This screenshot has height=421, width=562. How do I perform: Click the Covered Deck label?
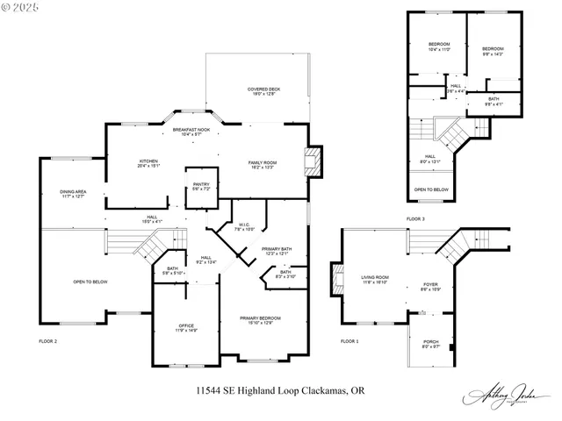pyautogui.click(x=263, y=91)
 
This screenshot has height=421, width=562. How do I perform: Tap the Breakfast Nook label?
pyautogui.click(x=191, y=132)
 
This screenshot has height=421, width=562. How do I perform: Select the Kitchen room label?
pyautogui.click(x=148, y=163)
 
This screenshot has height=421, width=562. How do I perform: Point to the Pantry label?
pyautogui.click(x=202, y=186)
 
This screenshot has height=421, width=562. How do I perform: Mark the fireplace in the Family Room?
pyautogui.click(x=313, y=163)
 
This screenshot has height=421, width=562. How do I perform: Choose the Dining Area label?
pyautogui.click(x=73, y=194)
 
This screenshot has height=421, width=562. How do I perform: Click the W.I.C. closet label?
pyautogui.click(x=245, y=227)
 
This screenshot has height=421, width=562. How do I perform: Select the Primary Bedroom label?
pyautogui.click(x=261, y=319)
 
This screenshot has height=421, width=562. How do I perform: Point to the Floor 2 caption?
pyautogui.click(x=48, y=340)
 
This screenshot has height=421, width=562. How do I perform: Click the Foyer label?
pyautogui.click(x=430, y=286)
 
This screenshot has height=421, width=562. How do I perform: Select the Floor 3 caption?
pyautogui.click(x=415, y=218)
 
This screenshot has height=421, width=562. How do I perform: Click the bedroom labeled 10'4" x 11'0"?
pyautogui.click(x=439, y=46)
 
